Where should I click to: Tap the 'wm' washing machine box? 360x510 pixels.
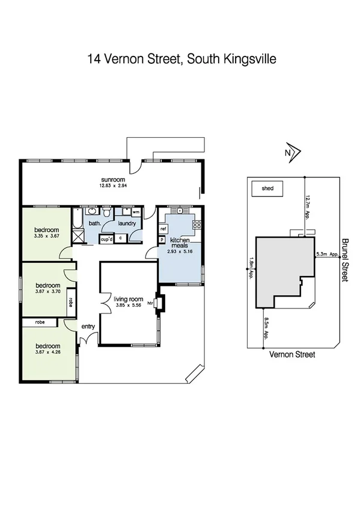[x=136, y=212]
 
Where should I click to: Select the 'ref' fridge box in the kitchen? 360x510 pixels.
[x=162, y=229]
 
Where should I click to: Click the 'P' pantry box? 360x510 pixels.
[x=162, y=239]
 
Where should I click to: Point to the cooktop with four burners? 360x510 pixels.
[x=196, y=225]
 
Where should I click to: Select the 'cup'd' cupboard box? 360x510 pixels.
[x=106, y=238]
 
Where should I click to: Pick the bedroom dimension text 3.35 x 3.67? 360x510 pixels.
[x=46, y=236]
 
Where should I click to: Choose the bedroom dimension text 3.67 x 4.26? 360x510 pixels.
[x=47, y=352]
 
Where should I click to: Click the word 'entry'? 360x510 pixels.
[x=89, y=327]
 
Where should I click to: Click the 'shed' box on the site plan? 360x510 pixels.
[x=267, y=188]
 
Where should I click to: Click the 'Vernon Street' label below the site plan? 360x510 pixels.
[x=291, y=355]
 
